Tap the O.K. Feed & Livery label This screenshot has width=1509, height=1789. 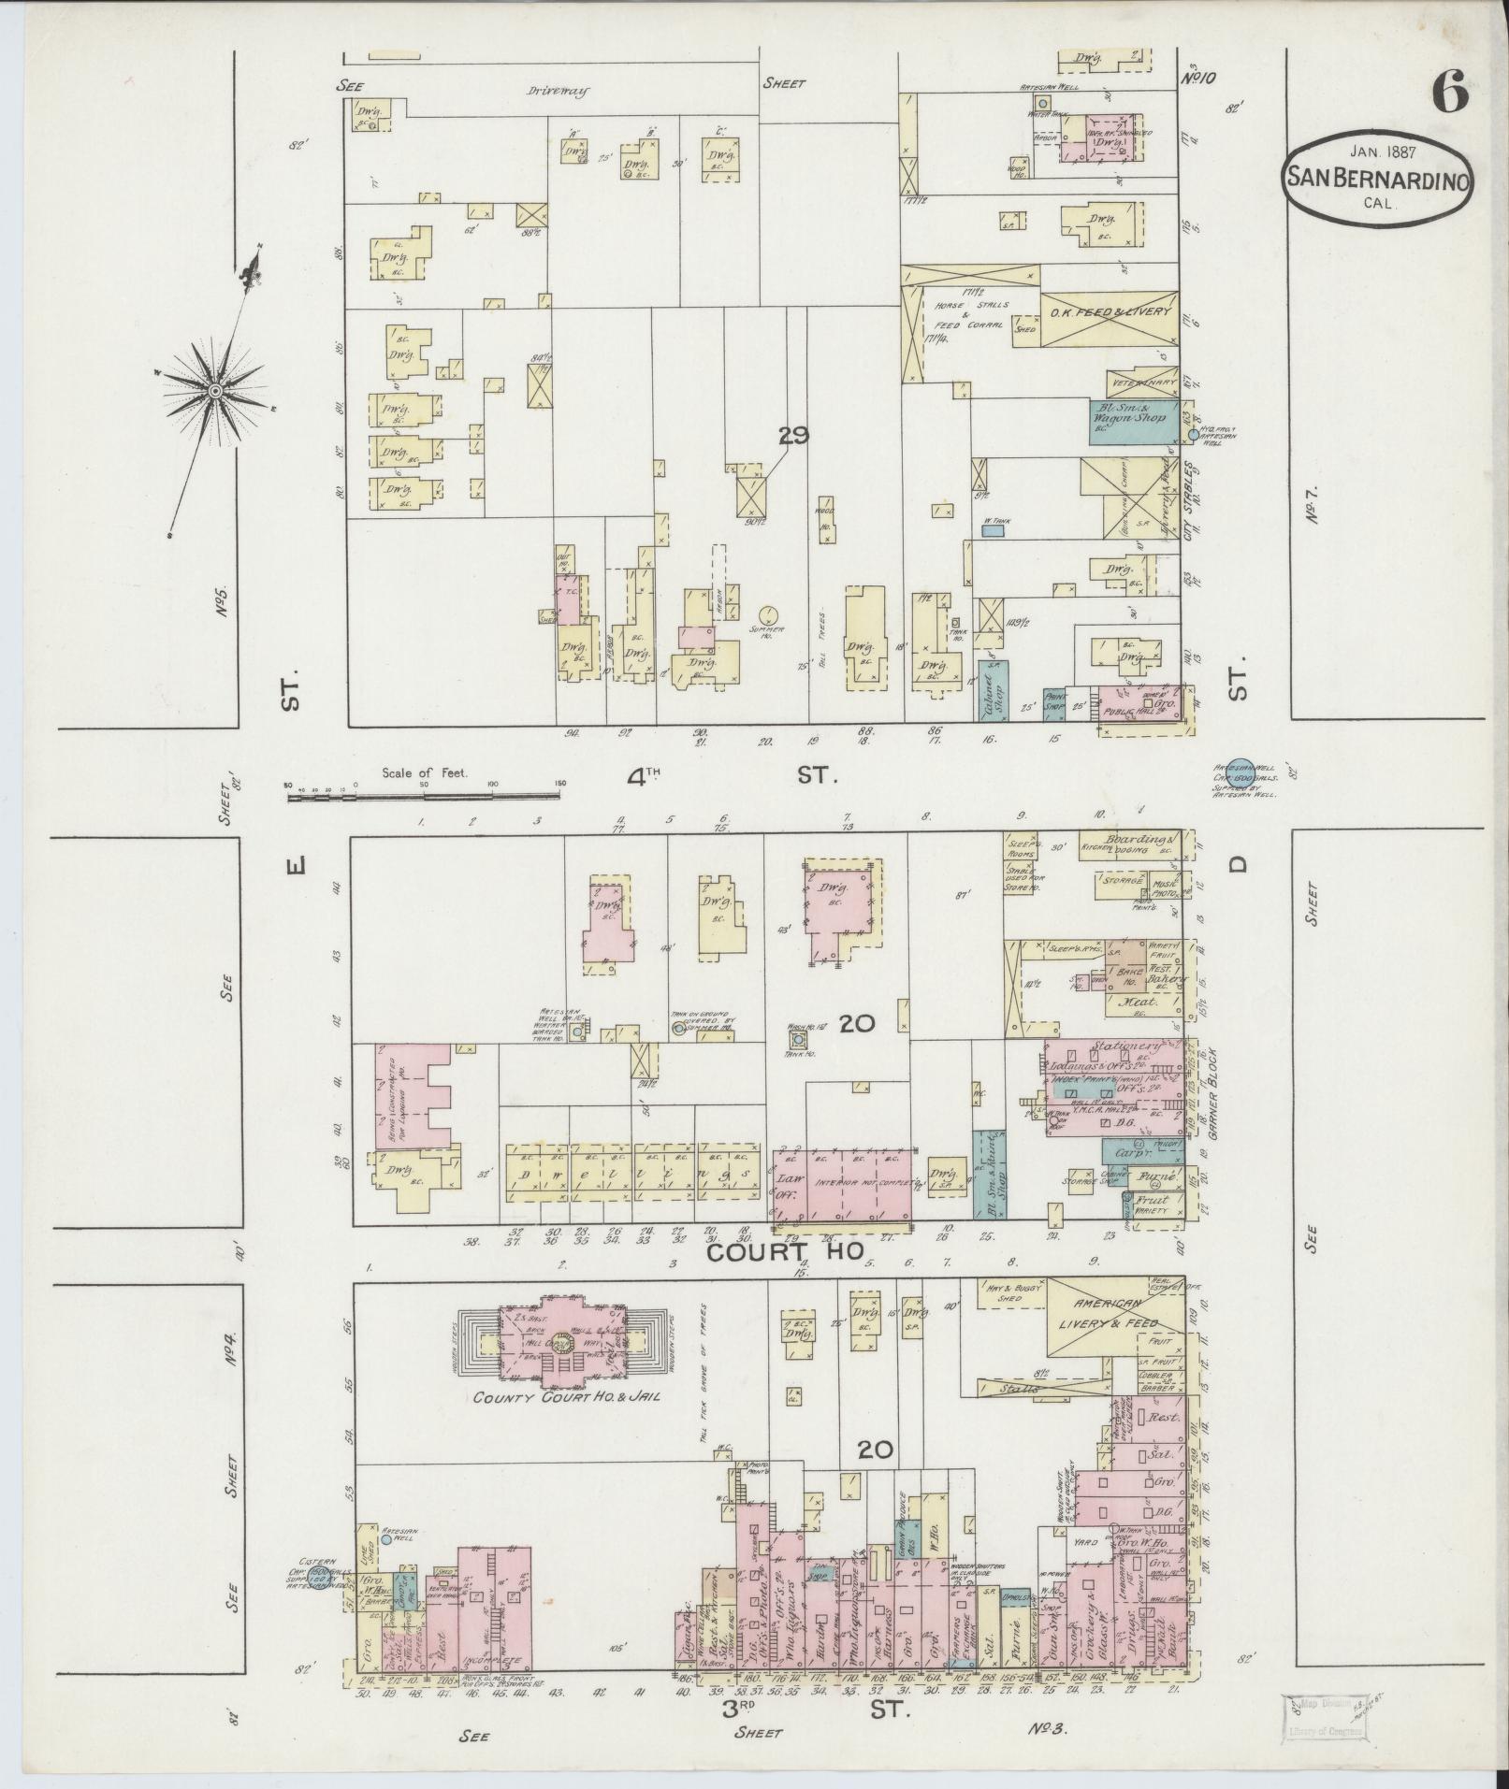coord(1110,311)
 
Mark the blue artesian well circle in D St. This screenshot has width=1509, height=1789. coord(1241,743)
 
